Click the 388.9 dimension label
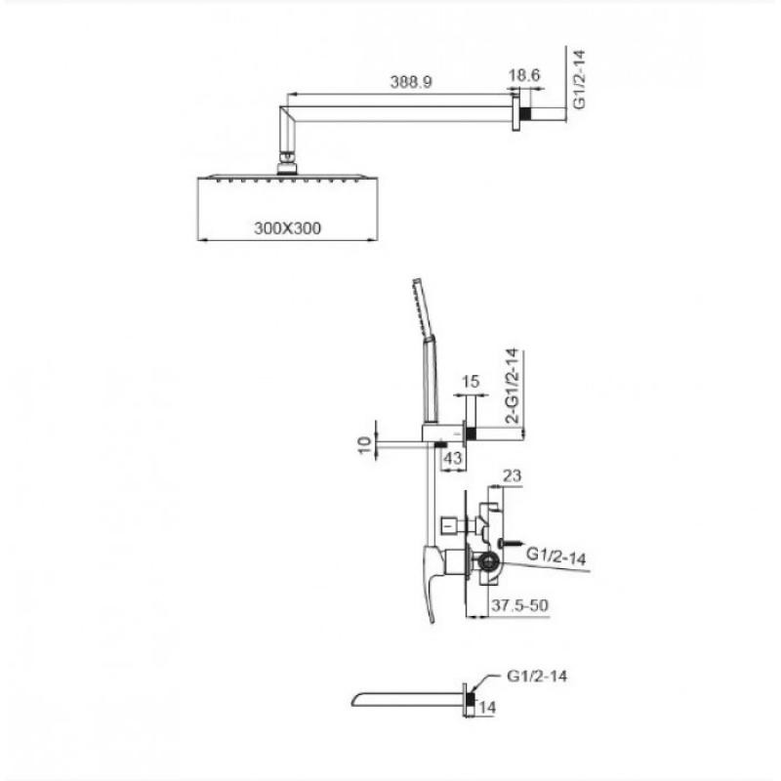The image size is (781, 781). click(x=411, y=82)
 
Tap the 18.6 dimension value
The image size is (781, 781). click(x=524, y=75)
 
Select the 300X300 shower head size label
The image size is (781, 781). click(x=287, y=228)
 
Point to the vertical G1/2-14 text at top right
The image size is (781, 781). click(x=579, y=79)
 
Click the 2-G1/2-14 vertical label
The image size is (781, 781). click(x=512, y=386)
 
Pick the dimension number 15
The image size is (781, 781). click(x=471, y=382)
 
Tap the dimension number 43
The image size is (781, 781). click(x=453, y=457)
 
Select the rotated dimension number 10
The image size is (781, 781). click(x=365, y=444)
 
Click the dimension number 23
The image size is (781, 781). click(x=512, y=475)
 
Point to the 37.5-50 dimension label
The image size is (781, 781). click(x=519, y=605)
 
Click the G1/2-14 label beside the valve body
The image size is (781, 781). click(x=555, y=556)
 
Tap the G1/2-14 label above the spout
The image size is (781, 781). click(x=537, y=676)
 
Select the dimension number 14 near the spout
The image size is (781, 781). click(x=487, y=707)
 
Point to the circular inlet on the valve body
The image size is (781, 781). click(x=487, y=562)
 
